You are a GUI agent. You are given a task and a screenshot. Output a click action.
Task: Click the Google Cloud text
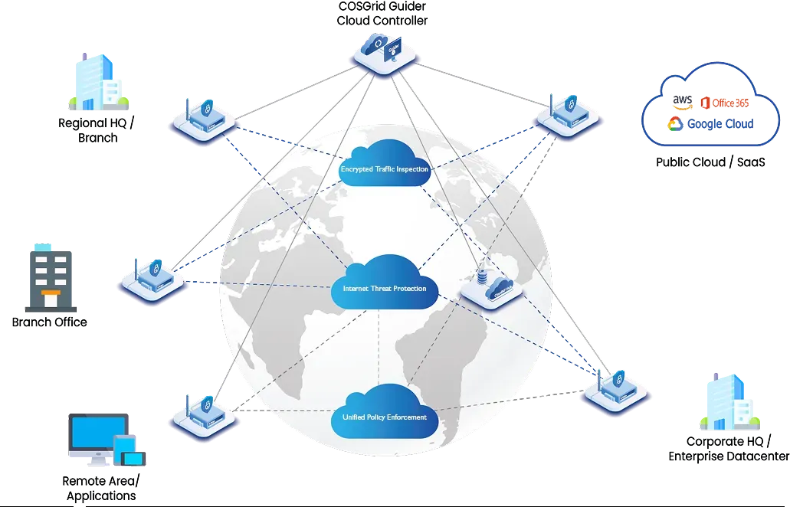[720, 123]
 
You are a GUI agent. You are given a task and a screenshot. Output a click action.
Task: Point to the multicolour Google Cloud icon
[675, 124]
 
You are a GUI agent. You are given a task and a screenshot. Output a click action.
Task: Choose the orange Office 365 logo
[706, 102]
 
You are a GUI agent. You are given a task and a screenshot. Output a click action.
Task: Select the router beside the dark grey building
[153, 280]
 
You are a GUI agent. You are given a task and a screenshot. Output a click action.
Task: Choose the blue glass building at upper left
[96, 81]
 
